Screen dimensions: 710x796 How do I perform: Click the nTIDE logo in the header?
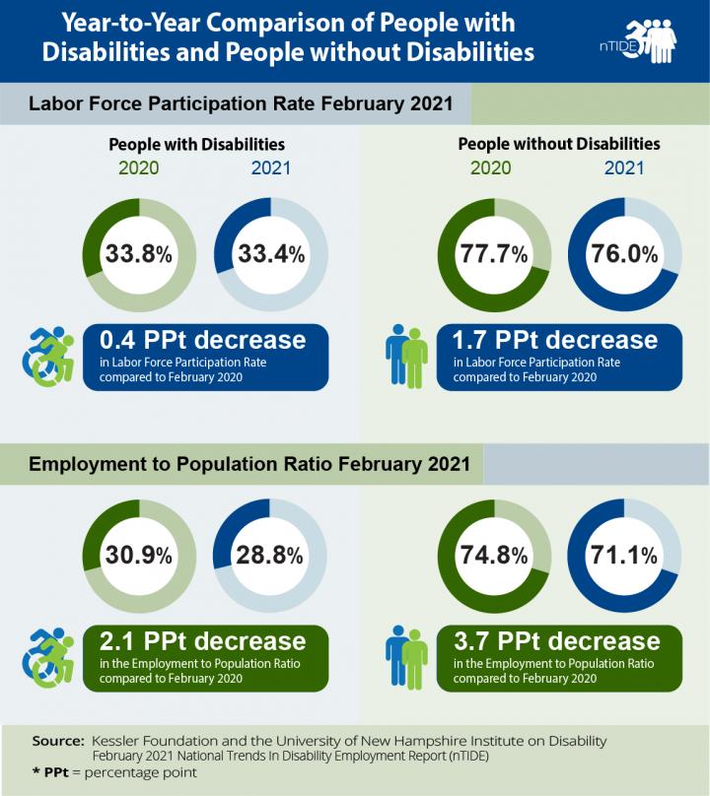coord(638,41)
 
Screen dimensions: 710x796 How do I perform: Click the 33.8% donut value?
coord(139,253)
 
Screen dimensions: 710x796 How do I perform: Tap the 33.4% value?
coord(271,253)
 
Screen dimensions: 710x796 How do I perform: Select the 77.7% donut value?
coord(494,253)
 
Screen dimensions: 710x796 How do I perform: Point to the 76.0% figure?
coord(624,253)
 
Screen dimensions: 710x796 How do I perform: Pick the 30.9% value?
coord(139,555)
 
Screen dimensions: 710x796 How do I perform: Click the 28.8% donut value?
coord(269,555)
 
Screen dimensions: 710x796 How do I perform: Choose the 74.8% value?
coord(494,555)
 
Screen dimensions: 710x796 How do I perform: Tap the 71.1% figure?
coord(623,555)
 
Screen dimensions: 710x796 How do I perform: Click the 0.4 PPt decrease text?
coord(203,340)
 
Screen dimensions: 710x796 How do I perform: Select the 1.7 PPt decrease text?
coord(555,340)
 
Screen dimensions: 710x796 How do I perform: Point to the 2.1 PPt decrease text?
coord(203,640)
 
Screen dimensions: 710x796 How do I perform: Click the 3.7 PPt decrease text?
coord(557,640)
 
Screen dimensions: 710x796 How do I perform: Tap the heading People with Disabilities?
coord(196,144)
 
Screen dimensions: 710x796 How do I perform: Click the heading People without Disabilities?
coord(559,144)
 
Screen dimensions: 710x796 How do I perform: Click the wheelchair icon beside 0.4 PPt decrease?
coord(48,357)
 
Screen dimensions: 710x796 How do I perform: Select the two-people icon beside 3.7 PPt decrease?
coord(406,657)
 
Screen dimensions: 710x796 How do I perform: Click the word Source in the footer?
coord(58,741)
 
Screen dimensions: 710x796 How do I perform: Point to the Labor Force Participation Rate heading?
coord(241,103)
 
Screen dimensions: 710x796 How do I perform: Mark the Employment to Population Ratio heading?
coord(249,464)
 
